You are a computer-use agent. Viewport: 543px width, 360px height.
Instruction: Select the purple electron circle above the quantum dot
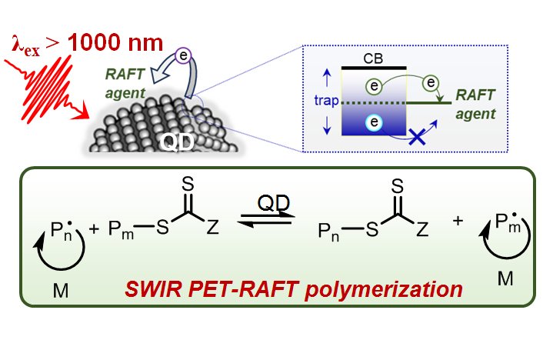pos(182,55)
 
